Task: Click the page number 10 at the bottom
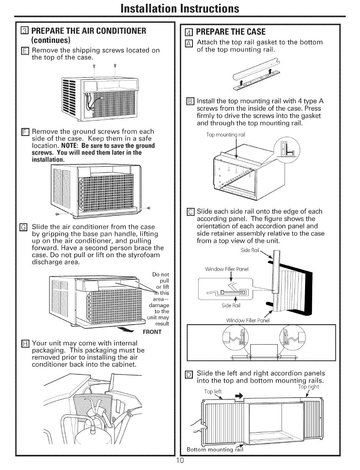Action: tap(180, 461)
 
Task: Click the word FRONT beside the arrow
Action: tap(152, 332)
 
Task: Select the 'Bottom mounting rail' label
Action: tap(214, 450)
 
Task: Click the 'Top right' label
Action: tap(308, 387)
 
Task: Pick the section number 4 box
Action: tap(190, 31)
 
